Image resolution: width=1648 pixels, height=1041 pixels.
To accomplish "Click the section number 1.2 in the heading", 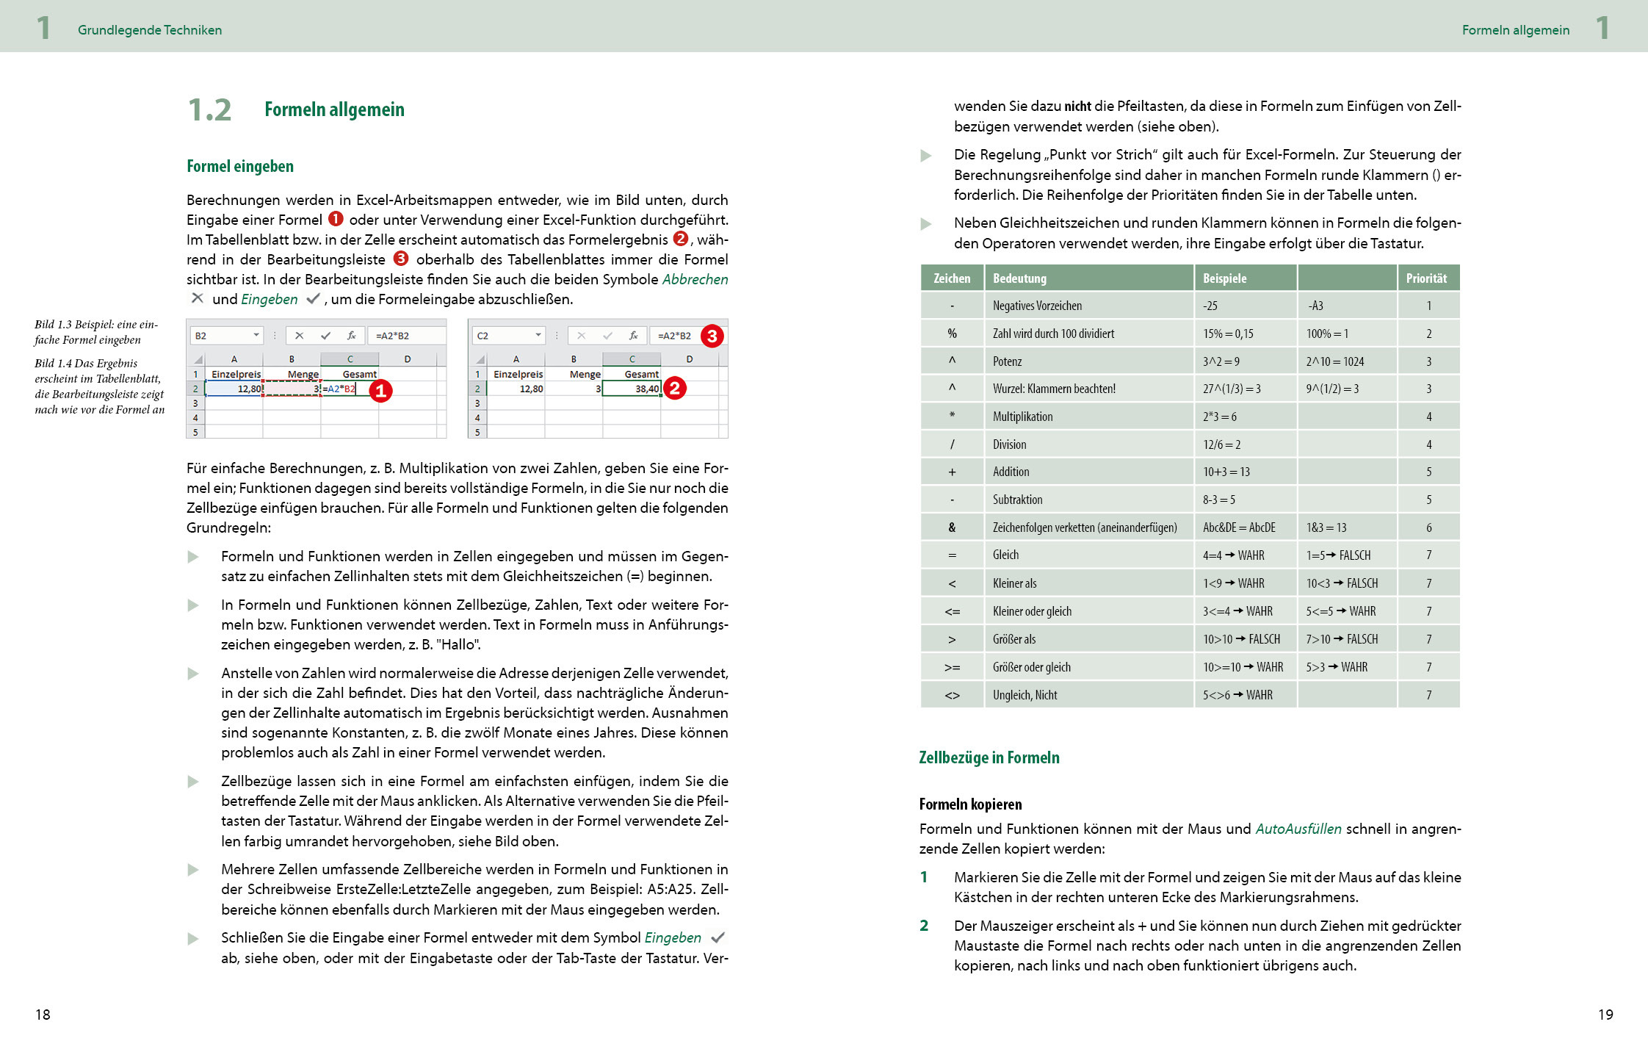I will coord(209,110).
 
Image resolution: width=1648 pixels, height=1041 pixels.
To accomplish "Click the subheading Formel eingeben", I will coord(240,166).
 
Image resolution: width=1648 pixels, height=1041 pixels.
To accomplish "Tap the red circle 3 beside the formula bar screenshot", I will coord(712,336).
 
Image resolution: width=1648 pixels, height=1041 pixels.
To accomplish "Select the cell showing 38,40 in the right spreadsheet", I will coord(632,389).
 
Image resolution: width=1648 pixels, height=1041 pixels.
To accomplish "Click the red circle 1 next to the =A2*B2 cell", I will coord(380,390).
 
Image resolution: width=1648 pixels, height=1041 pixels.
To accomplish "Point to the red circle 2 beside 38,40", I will coord(674,388).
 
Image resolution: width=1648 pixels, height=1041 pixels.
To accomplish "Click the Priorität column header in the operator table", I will coord(1426,278).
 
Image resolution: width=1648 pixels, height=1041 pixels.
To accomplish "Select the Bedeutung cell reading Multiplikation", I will coord(1022,417).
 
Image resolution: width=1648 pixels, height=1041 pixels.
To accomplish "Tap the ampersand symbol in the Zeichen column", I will coord(952,527).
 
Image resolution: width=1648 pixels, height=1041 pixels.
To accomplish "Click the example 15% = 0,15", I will coord(1228,334).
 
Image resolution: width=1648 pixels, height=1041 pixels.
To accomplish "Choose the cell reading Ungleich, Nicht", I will coord(1024,695).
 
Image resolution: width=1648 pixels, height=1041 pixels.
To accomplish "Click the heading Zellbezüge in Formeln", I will coord(989,757).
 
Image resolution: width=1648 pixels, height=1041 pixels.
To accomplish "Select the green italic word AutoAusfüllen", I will coord(1298,829).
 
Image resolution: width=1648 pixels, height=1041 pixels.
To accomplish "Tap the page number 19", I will coord(1605,1015).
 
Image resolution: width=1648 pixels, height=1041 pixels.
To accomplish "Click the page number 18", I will coord(43,1015).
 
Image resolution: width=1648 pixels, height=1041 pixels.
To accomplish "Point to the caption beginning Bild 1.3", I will coord(95,332).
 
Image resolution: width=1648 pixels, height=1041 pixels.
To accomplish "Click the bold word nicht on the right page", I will coord(1077,106).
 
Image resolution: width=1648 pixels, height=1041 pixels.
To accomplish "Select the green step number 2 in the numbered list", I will coord(924,926).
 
